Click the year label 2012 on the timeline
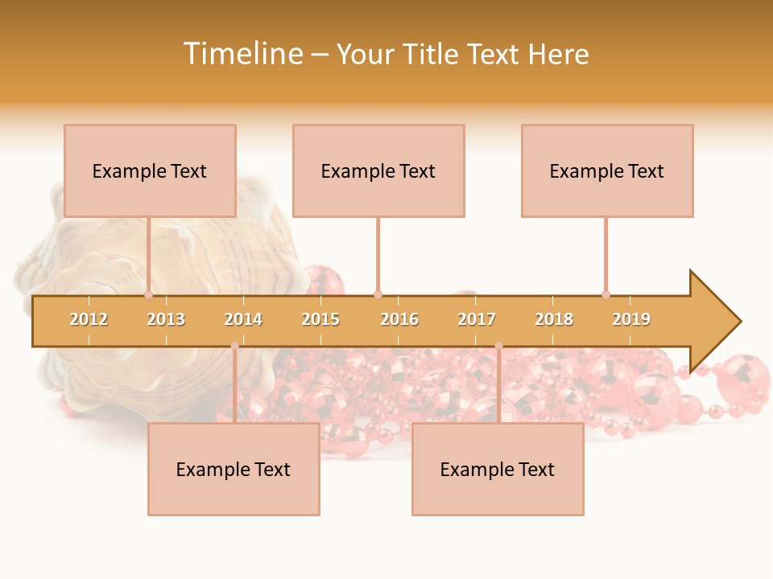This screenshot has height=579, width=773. [89, 319]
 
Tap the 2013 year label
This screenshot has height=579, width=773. [166, 319]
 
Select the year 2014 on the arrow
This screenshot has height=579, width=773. [243, 319]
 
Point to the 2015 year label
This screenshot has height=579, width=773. [320, 319]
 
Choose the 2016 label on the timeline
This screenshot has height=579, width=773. [399, 319]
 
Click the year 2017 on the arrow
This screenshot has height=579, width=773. [477, 319]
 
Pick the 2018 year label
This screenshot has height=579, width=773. [554, 319]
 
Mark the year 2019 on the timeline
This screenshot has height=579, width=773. [631, 319]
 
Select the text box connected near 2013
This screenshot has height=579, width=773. [150, 170]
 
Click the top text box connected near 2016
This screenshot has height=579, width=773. [378, 170]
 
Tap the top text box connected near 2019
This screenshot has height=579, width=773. [607, 170]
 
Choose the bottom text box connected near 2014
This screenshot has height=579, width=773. [234, 469]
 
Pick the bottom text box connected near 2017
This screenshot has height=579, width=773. [498, 469]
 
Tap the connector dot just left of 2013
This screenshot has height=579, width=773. [148, 294]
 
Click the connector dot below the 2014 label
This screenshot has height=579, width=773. [234, 346]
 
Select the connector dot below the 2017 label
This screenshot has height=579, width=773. [498, 346]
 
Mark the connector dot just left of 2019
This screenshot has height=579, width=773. [606, 294]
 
